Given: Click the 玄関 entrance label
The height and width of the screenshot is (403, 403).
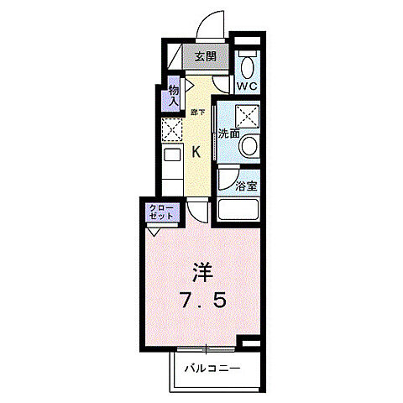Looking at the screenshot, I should (206, 58).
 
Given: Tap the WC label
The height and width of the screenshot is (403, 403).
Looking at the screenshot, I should (246, 86).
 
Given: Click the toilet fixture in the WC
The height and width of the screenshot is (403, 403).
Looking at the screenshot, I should (247, 65).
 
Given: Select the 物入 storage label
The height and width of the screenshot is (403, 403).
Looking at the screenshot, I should (174, 95).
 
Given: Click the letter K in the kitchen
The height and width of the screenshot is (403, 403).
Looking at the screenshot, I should (196, 152).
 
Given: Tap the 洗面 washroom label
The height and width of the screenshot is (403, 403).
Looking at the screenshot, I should (229, 133).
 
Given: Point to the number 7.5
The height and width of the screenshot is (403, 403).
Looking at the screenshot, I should (201, 299).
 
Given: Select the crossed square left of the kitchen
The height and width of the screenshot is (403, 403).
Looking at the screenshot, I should (171, 130).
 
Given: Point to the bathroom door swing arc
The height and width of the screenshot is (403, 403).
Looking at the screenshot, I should (227, 179).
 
